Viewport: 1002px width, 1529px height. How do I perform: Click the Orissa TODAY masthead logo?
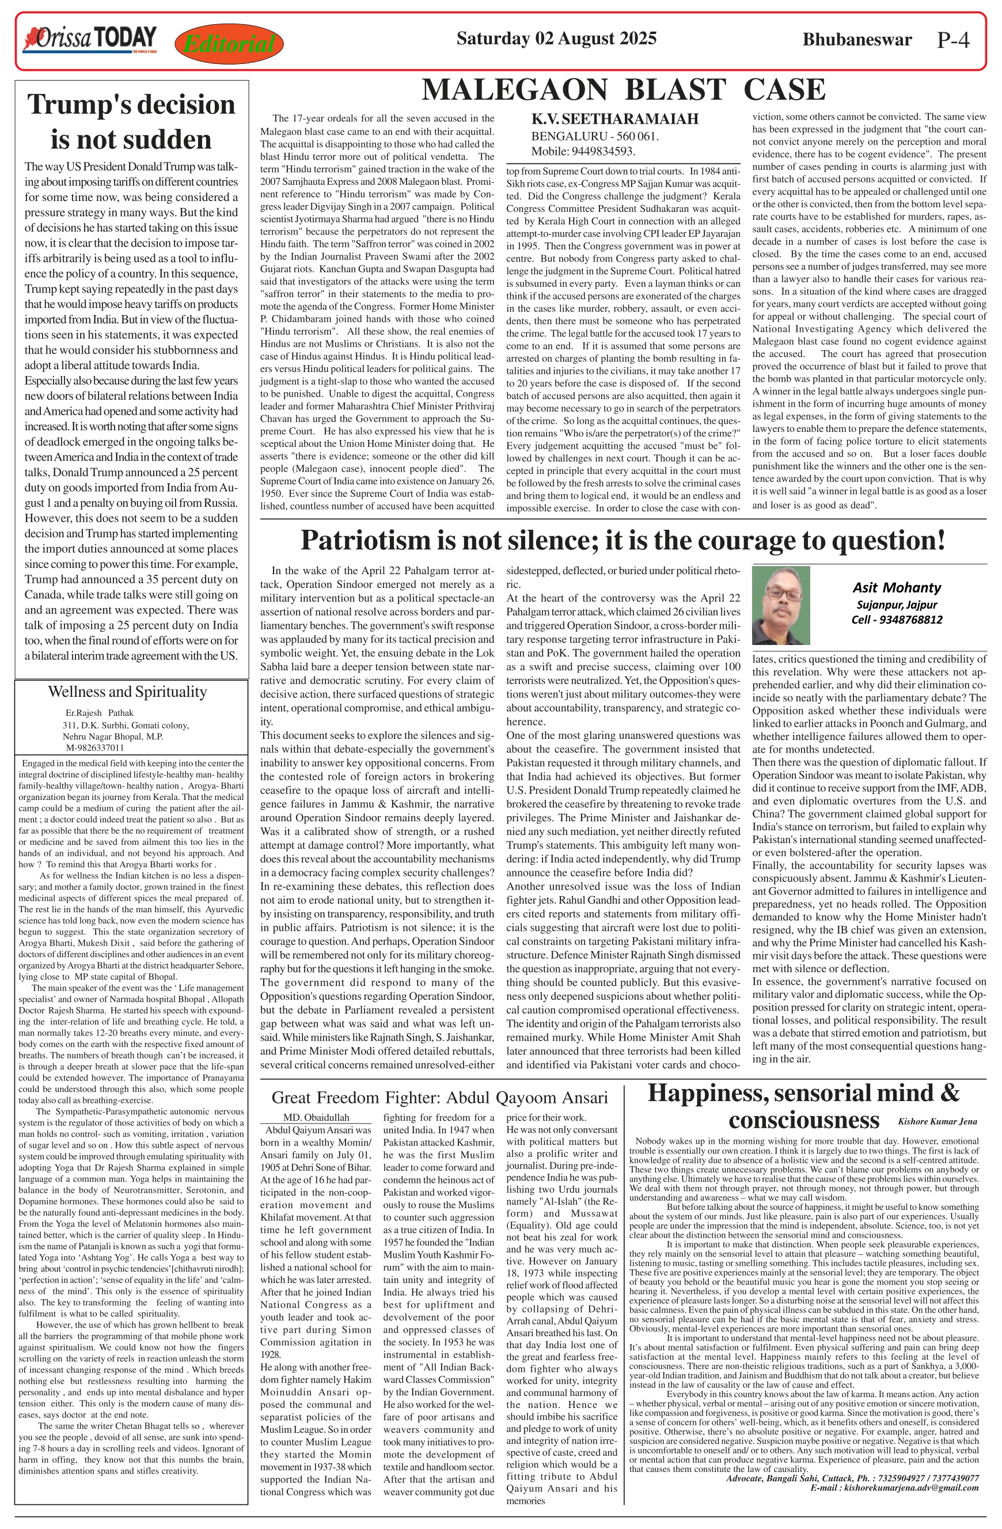(90, 39)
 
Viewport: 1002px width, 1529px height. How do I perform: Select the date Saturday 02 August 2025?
(556, 39)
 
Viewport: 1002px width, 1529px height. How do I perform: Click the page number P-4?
(952, 40)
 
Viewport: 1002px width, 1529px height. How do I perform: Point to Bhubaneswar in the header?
(857, 40)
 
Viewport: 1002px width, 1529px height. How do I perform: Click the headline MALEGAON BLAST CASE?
(623, 90)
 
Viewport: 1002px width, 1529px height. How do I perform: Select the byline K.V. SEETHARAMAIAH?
(614, 119)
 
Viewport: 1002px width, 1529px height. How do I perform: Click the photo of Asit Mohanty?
(780, 605)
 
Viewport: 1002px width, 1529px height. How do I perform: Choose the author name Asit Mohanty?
(897, 587)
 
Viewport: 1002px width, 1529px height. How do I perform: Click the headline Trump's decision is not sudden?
(131, 122)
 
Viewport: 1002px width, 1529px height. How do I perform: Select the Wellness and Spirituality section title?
(127, 692)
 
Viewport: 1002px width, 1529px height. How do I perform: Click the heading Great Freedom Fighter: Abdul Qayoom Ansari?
(439, 1097)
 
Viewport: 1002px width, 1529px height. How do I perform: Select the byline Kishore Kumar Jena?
(937, 1122)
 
